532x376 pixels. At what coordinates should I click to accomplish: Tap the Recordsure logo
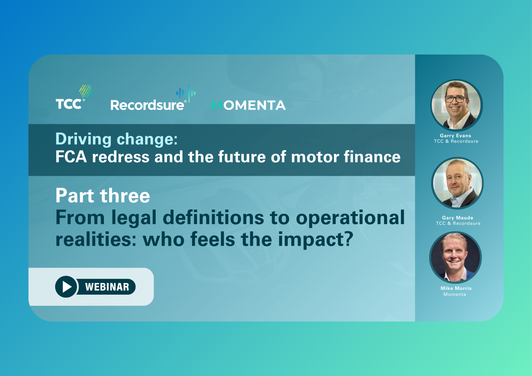[x=153, y=98]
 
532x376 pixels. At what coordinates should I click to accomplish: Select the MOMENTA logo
[x=248, y=105]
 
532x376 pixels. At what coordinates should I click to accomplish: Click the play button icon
[x=66, y=287]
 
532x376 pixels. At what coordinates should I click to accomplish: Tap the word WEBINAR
[x=107, y=287]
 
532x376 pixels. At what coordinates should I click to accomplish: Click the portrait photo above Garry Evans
[x=456, y=105]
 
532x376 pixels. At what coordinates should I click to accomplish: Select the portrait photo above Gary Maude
[x=457, y=183]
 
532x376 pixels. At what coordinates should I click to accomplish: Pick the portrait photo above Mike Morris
[x=455, y=257]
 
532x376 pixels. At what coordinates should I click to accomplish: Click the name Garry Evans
[x=455, y=136]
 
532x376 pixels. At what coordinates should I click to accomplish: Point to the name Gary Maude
[x=458, y=218]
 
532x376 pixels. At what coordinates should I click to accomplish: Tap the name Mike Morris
[x=456, y=288]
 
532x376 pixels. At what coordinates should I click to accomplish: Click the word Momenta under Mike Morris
[x=455, y=294]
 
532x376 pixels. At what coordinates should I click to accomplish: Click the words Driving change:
[x=117, y=139]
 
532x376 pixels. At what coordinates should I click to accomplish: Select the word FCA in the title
[x=71, y=157]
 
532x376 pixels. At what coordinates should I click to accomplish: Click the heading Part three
[x=103, y=196]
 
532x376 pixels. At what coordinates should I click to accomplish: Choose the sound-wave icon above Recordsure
[x=186, y=93]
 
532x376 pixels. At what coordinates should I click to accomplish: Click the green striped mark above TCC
[x=86, y=91]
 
